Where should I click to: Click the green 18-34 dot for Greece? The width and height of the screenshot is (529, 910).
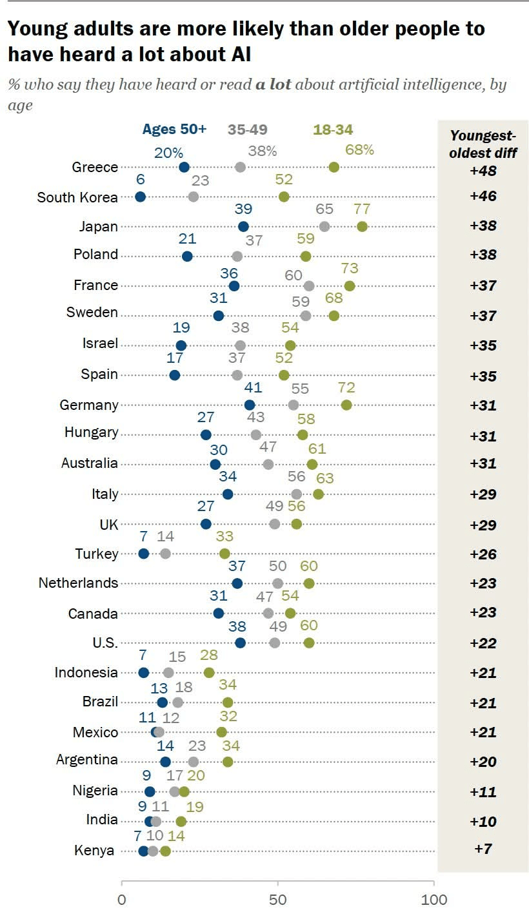tap(334, 168)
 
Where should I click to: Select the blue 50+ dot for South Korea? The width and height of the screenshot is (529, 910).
tap(141, 197)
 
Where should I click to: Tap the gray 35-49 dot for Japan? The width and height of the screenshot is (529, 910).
tap(324, 226)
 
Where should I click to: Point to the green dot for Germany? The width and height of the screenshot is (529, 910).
tap(346, 405)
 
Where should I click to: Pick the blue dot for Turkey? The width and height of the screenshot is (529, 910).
tap(144, 554)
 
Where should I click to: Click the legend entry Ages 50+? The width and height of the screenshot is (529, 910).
tap(174, 130)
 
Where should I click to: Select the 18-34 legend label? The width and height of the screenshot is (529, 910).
tap(333, 130)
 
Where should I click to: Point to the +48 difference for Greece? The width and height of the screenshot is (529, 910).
tap(483, 171)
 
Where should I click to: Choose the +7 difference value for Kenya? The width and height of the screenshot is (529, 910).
tap(483, 849)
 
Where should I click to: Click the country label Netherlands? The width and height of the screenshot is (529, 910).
tap(78, 583)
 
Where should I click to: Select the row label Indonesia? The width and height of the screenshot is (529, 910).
tap(86, 673)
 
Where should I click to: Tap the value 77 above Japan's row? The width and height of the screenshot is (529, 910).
tap(361, 209)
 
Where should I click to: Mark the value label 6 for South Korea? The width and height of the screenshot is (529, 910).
tap(141, 180)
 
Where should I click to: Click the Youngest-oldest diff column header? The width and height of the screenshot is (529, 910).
tap(483, 144)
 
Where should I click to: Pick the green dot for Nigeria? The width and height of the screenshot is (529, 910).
tap(184, 791)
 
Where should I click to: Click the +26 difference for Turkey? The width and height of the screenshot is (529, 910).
tap(483, 554)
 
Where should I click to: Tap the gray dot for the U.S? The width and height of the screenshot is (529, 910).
tap(275, 643)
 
